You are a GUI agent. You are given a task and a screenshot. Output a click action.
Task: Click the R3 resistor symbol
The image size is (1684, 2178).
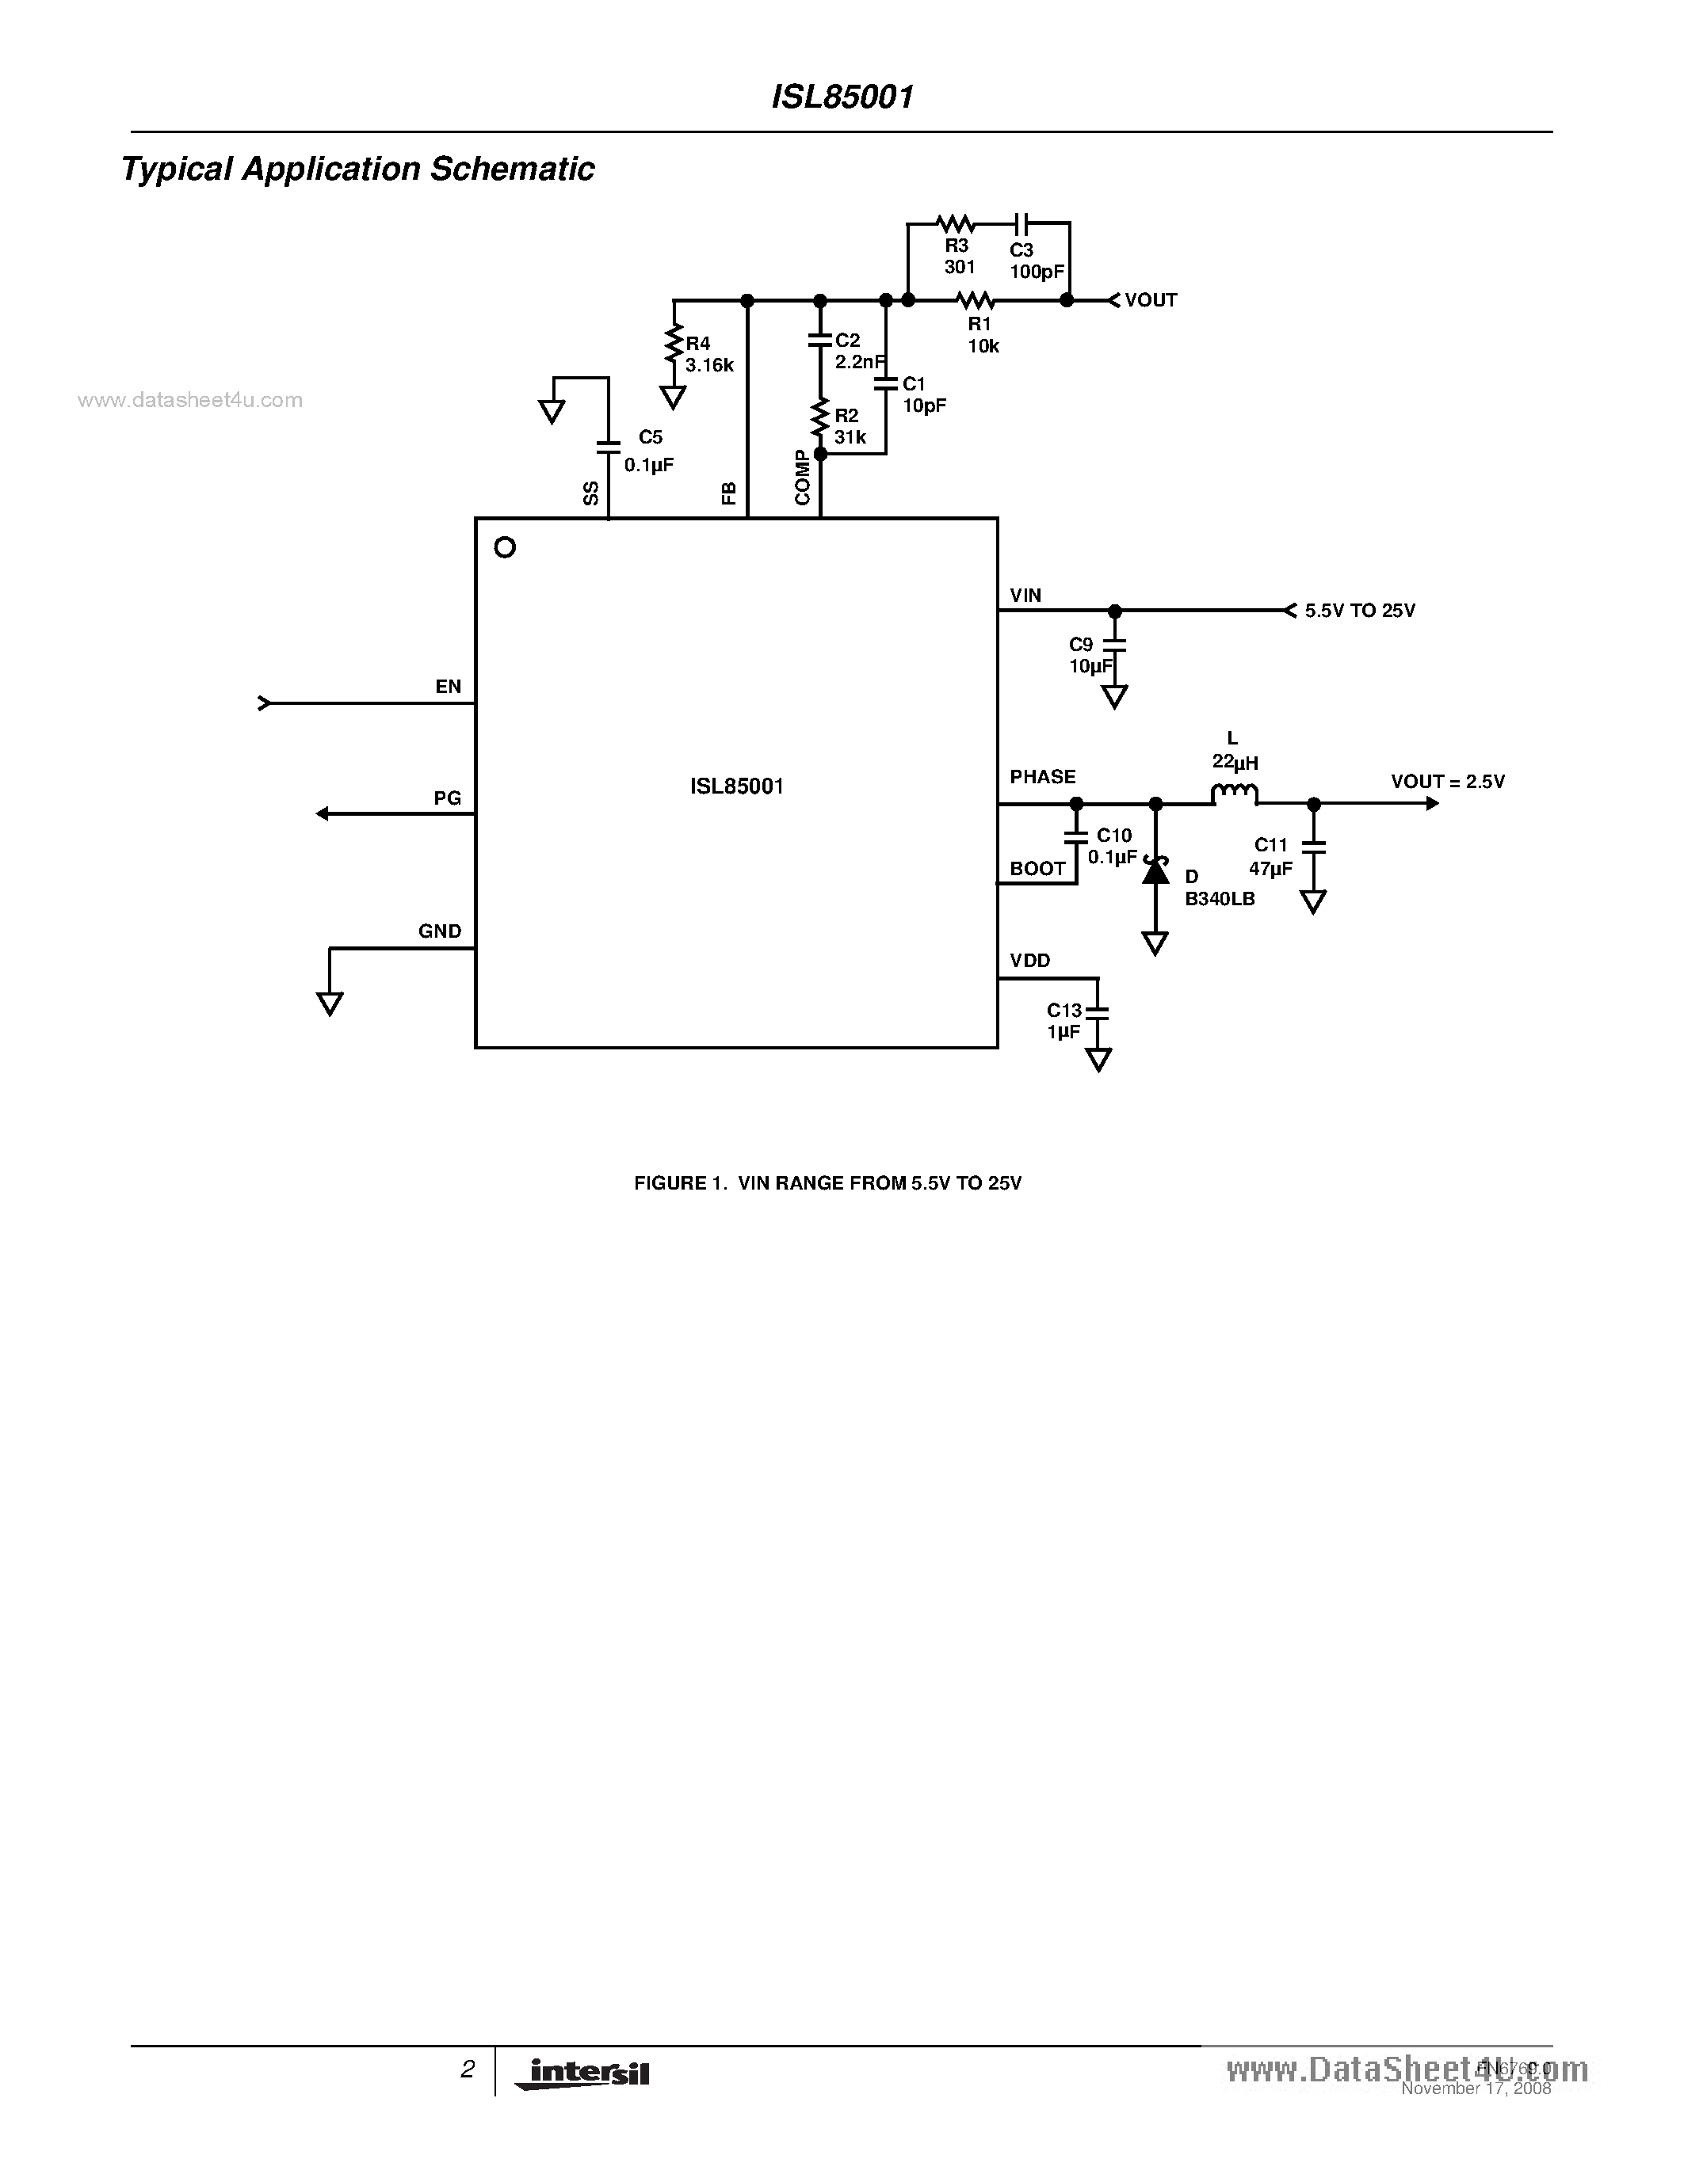pyautogui.click(x=956, y=223)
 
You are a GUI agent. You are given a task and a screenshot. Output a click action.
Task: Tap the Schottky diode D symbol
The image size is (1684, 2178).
pyautogui.click(x=1155, y=870)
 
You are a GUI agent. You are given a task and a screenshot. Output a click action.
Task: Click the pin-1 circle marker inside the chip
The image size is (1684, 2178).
pyautogui.click(x=505, y=546)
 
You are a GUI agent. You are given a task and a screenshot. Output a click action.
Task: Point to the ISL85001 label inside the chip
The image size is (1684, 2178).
pyautogui.click(x=736, y=786)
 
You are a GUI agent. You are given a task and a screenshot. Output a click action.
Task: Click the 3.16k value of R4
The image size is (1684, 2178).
pyautogui.click(x=709, y=366)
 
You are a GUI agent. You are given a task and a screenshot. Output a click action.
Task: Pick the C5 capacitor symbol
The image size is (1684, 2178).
pyautogui.click(x=608, y=447)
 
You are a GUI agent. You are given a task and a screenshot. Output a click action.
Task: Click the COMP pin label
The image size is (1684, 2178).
pyautogui.click(x=803, y=478)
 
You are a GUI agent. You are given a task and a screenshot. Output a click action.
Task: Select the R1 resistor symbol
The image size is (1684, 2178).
pyautogui.click(x=976, y=300)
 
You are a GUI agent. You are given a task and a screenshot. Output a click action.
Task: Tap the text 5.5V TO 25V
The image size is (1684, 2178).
pyautogui.click(x=1359, y=611)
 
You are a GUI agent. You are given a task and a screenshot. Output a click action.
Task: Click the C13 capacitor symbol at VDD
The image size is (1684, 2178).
pyautogui.click(x=1098, y=1011)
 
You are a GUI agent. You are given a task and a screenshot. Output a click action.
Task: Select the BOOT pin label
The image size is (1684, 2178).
pyautogui.click(x=1037, y=869)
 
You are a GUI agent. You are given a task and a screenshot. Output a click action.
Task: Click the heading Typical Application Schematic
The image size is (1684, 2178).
pyautogui.click(x=357, y=169)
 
